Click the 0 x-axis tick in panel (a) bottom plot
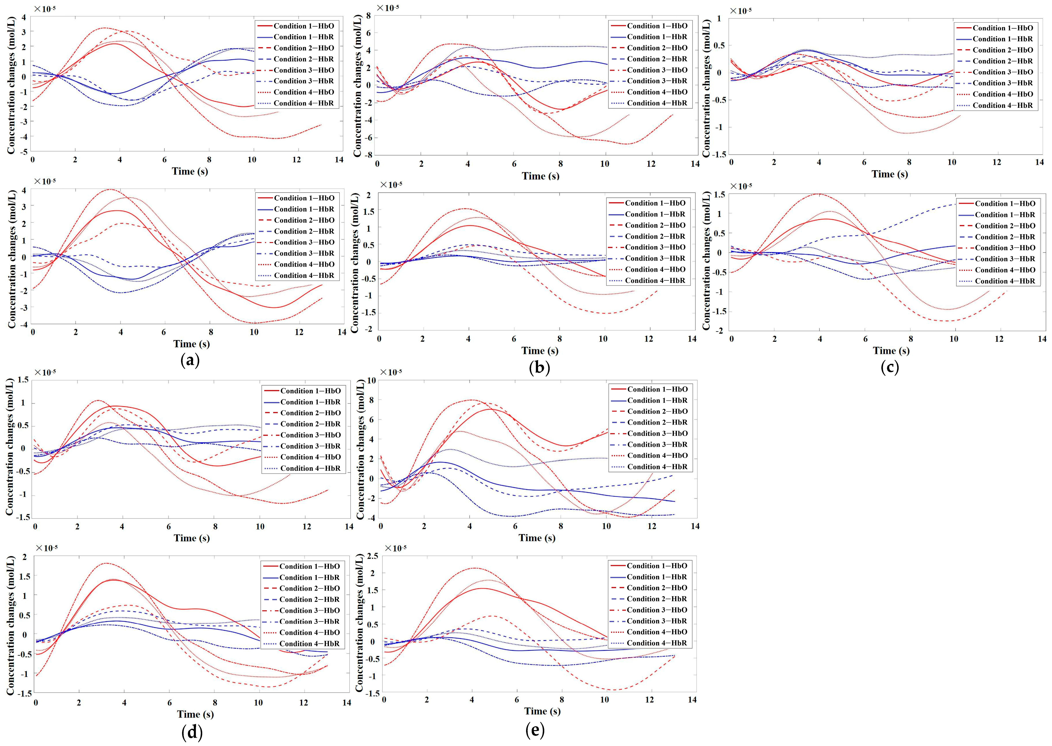33,332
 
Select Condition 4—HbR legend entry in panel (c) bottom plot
1005,281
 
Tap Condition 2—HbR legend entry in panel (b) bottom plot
655,236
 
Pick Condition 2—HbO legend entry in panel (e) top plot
657,412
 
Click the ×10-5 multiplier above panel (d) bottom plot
46,548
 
